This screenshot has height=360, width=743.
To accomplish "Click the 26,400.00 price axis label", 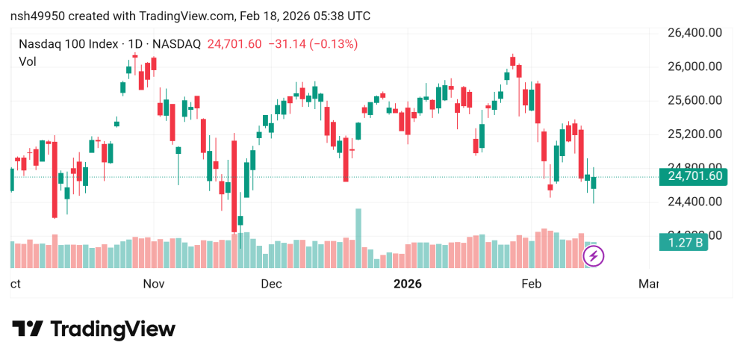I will (x=695, y=33).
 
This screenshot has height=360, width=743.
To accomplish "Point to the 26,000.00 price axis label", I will (x=695, y=66).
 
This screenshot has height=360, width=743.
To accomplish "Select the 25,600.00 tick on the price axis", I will (x=695, y=100).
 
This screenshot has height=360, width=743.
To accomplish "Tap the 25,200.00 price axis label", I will (x=695, y=134).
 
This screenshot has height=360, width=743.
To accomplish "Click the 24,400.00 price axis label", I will (x=695, y=202).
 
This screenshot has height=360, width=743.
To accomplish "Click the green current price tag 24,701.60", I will (x=694, y=177).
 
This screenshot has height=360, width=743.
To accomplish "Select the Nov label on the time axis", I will (x=153, y=284).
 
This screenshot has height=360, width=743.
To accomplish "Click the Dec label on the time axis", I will (x=271, y=284).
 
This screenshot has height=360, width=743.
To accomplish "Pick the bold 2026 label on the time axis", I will (x=407, y=284).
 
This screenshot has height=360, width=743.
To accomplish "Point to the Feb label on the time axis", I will (x=530, y=284).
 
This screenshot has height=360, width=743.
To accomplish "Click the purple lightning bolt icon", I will (x=594, y=256).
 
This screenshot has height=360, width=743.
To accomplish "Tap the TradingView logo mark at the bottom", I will (x=28, y=329).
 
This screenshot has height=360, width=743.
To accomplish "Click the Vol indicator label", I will (x=28, y=62).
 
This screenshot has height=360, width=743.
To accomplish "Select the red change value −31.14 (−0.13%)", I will (x=313, y=44).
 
